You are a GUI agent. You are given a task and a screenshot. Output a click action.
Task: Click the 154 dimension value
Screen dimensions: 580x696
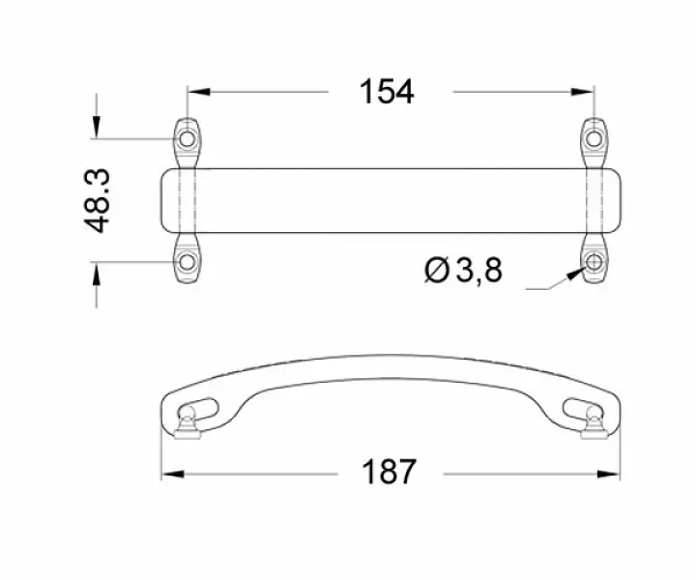click(387, 92)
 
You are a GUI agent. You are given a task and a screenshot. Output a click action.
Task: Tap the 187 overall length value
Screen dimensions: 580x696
click(388, 474)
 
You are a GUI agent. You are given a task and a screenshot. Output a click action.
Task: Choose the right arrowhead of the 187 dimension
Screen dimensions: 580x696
click(607, 474)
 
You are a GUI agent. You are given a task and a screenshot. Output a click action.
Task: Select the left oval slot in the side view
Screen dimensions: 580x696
click(200, 404)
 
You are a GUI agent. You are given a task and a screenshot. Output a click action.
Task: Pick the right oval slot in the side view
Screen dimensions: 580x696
click(580, 404)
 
